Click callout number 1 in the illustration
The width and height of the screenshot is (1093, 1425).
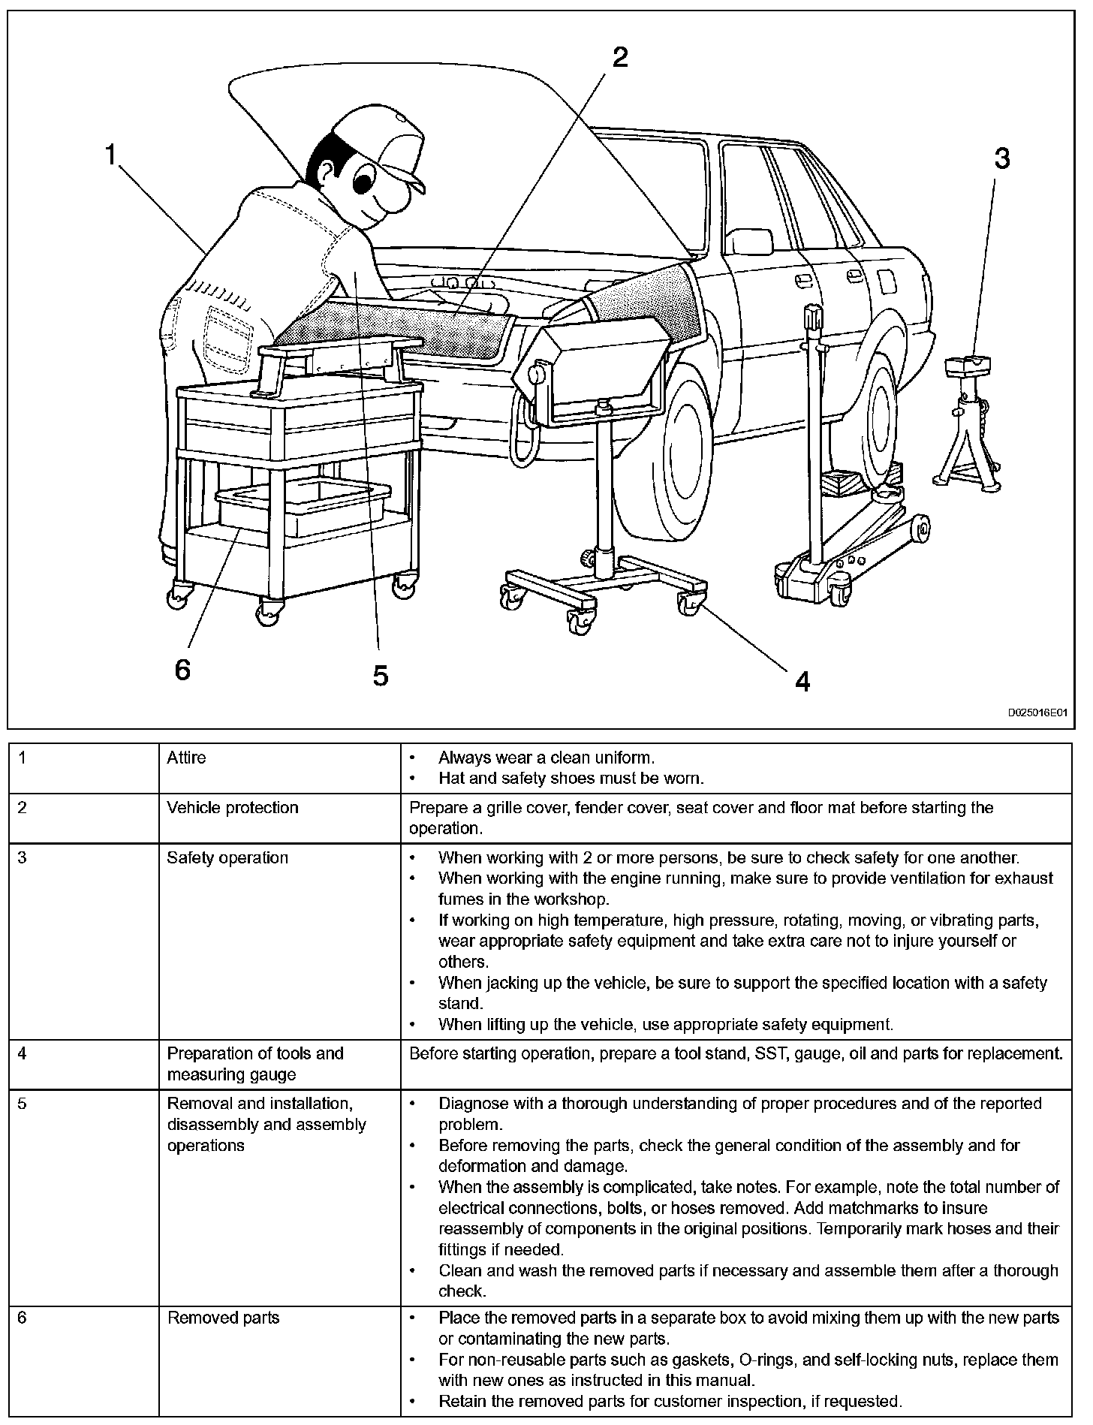coord(111,155)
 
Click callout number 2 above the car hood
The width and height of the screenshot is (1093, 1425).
coord(619,57)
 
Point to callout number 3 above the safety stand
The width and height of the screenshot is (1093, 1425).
coord(1001,158)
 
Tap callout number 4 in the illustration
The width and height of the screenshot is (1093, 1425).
coord(802,682)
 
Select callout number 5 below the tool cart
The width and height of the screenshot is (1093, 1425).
coord(381,676)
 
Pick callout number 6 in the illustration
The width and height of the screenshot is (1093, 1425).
coord(182,669)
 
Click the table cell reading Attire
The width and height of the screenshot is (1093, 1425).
coord(186,758)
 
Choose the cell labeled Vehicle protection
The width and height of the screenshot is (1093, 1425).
coord(233,808)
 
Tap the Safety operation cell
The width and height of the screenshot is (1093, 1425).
coord(227,857)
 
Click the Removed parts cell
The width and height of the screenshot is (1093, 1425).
coord(223,1318)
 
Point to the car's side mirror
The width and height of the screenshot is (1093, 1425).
coord(751,242)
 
